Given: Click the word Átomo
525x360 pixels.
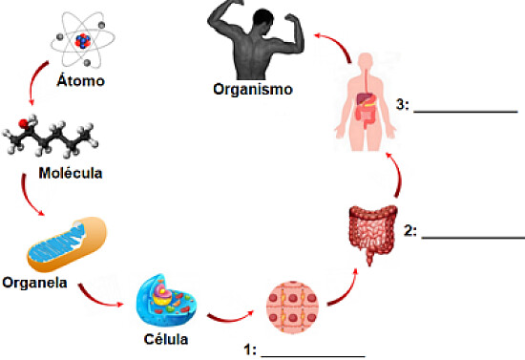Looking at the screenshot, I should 80,80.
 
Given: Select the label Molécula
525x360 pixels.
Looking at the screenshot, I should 71,174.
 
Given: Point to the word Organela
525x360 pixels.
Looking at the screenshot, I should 34,282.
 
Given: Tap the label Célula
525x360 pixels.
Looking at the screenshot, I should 165,339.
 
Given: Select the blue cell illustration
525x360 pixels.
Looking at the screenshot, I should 168,301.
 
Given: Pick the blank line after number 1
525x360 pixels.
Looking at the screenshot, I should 312,354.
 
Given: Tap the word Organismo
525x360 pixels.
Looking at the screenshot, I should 253,90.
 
